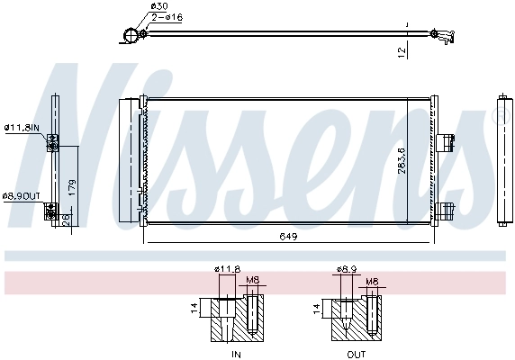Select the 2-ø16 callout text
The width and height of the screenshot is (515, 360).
pyautogui.click(x=167, y=17)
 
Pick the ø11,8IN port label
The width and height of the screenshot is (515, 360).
pyautogui.click(x=22, y=128)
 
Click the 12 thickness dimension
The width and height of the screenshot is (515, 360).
pyautogui.click(x=402, y=53)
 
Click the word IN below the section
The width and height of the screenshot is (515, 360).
pyautogui.click(x=236, y=354)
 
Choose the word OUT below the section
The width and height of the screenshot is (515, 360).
pyautogui.click(x=357, y=354)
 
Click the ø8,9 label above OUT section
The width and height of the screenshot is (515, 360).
pyautogui.click(x=347, y=269)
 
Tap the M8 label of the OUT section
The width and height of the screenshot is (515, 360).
pyautogui.click(x=372, y=281)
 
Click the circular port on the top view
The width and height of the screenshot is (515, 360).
pyautogui.click(x=131, y=36)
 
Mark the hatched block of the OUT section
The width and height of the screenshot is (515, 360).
pyautogui.click(x=357, y=320)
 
